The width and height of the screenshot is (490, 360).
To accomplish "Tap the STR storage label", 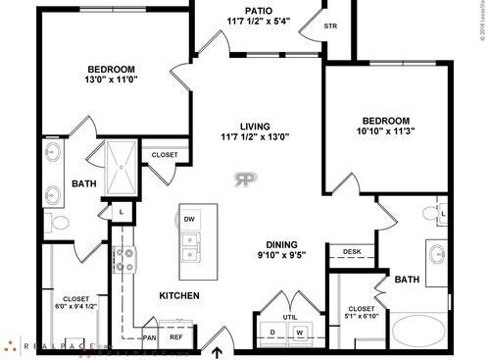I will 330,26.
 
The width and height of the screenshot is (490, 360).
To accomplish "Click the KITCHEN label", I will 179,295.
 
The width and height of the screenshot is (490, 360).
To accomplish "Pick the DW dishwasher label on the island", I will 189,219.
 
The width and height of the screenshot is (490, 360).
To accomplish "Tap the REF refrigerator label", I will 176,337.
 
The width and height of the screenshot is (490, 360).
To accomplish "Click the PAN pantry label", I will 150,337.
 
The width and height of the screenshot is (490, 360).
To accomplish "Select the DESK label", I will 351,252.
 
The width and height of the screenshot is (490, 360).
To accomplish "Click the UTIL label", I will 289,317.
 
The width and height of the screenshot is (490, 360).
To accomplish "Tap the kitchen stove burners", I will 126,259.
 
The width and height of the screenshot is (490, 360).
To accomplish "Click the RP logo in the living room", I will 245,180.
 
